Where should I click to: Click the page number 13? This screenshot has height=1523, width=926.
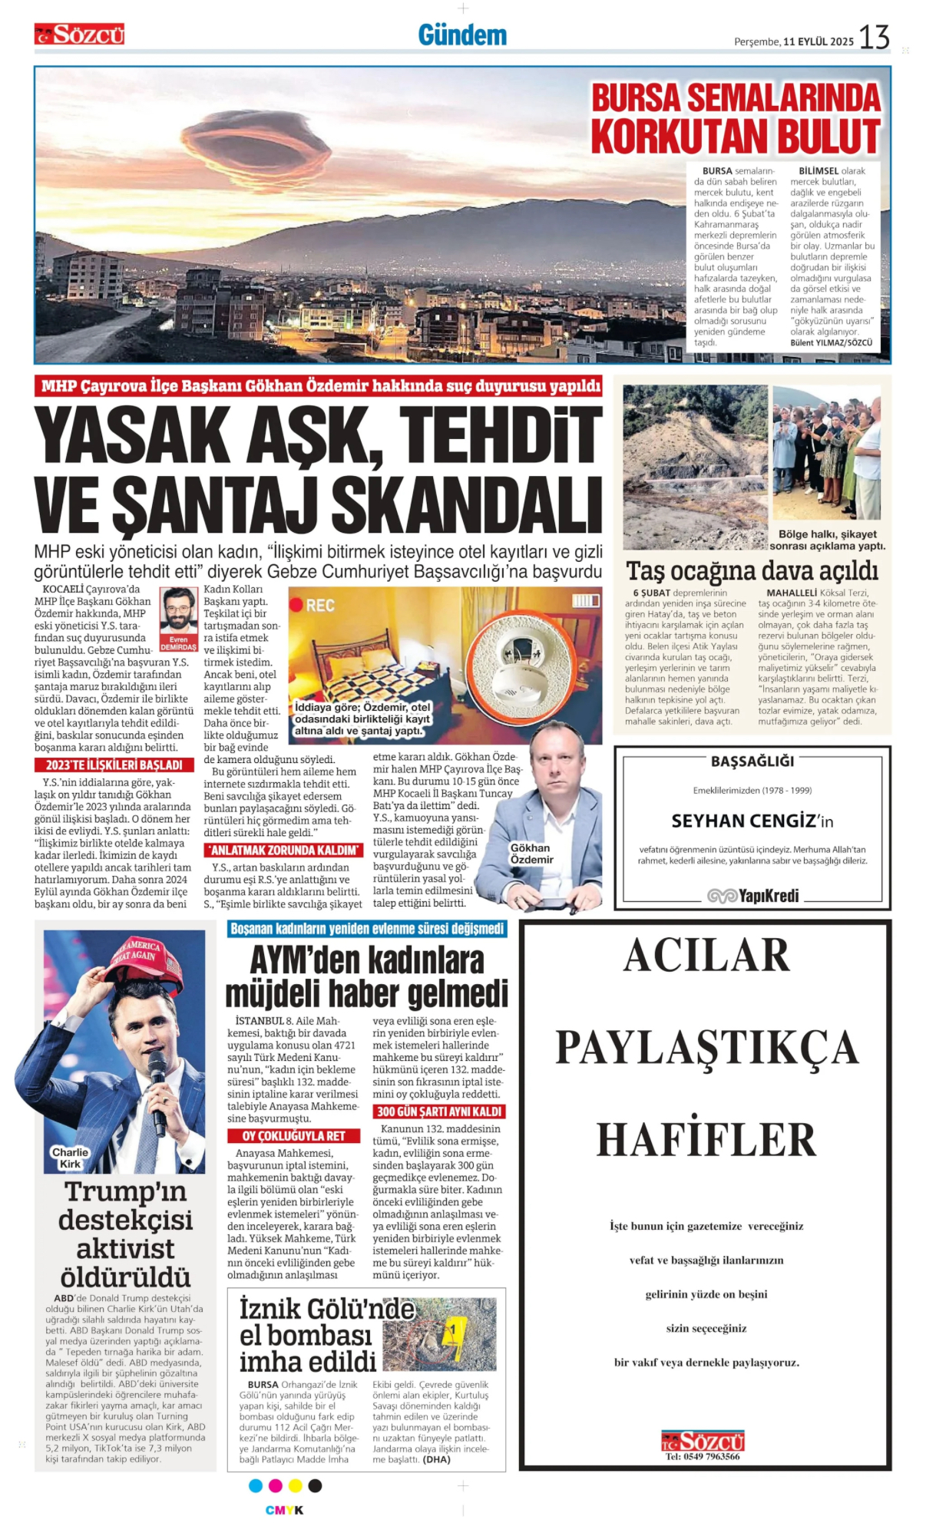874,37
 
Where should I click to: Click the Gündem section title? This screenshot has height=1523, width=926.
462,35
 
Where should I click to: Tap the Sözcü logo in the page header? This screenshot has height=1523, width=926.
79,34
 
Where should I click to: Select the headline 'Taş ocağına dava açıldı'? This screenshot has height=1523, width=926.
752,570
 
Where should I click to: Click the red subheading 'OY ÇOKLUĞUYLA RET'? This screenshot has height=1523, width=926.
293,1135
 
